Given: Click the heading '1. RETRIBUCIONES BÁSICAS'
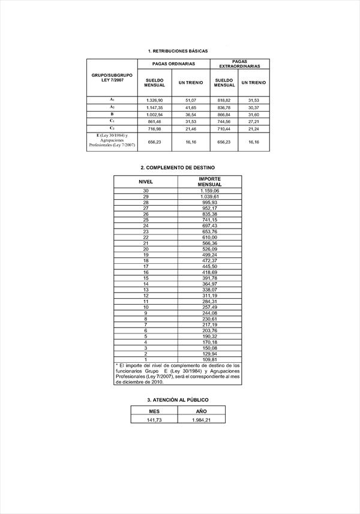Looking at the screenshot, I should [177, 51].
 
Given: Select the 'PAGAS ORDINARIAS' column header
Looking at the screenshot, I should [174, 64].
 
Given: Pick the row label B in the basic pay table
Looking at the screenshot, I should [112, 114].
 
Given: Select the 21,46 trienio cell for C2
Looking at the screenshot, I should [191, 128].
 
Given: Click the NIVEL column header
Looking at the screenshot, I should [146, 181].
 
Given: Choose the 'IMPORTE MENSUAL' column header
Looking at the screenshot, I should [210, 181].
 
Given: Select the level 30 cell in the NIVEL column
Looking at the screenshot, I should [146, 191].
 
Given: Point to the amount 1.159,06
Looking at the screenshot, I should [209, 191].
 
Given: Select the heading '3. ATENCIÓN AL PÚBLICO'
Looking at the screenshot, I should [178, 399].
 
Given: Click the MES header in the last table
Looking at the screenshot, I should [154, 411].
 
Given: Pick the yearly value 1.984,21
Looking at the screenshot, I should [201, 420].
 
